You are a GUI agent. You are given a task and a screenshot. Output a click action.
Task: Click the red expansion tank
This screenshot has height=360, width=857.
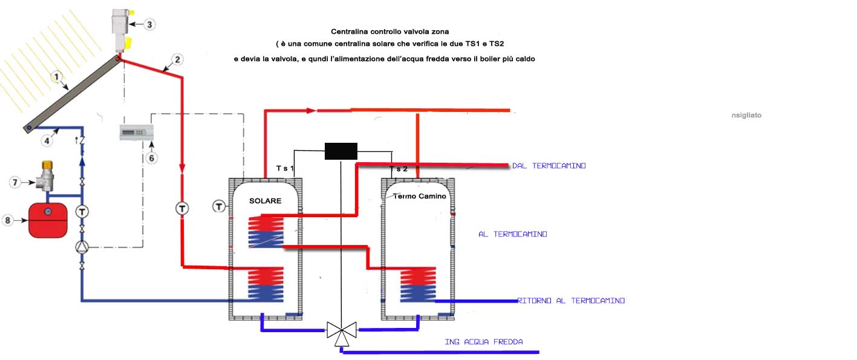(x=48, y=220)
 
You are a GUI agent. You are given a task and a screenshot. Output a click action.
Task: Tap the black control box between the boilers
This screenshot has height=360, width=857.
(x=341, y=151)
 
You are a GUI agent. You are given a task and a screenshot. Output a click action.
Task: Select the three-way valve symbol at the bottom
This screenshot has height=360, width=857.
(x=342, y=333)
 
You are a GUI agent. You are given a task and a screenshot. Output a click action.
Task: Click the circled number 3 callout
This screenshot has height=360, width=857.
(x=149, y=24)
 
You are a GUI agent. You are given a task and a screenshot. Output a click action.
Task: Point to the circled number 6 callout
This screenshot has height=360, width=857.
(x=152, y=158)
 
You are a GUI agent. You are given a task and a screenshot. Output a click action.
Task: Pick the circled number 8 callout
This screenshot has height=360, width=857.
(x=7, y=220)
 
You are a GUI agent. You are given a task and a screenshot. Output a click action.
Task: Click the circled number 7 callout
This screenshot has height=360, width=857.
(x=15, y=183)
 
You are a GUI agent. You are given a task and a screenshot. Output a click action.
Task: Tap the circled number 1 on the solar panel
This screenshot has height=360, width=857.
(x=56, y=77)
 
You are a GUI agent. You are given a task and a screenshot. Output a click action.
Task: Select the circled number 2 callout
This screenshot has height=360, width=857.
(x=177, y=59)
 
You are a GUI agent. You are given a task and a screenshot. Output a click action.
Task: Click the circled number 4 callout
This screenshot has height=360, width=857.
(x=47, y=141)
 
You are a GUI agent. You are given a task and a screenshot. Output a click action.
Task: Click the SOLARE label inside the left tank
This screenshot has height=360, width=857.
(x=265, y=201)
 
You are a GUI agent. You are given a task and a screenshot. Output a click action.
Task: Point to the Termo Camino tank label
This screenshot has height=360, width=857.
(x=419, y=196)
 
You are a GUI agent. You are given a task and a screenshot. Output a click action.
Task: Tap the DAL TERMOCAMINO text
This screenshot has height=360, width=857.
(x=549, y=166)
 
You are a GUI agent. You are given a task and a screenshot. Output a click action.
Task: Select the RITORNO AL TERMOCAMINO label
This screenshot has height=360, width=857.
(x=571, y=301)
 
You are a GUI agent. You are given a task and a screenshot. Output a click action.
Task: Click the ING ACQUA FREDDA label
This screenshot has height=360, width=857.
(x=484, y=342)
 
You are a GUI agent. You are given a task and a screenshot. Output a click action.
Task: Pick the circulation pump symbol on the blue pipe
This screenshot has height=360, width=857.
(x=82, y=247)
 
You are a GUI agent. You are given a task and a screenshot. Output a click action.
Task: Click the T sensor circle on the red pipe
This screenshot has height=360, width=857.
(x=182, y=209)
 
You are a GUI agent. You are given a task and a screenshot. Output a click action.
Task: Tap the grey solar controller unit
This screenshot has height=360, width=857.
(x=137, y=133)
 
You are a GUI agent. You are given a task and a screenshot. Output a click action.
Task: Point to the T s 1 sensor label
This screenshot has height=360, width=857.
(x=285, y=168)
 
